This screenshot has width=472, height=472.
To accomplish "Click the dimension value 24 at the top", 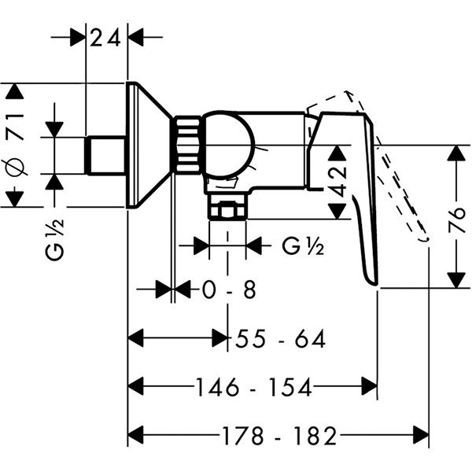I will (106, 37).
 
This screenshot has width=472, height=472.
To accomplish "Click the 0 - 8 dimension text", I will (229, 289).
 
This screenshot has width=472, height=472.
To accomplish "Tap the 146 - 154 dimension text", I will (253, 387).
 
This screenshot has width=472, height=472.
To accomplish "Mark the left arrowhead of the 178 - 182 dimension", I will (136, 434).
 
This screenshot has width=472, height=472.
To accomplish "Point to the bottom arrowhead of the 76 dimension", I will (455, 279).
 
